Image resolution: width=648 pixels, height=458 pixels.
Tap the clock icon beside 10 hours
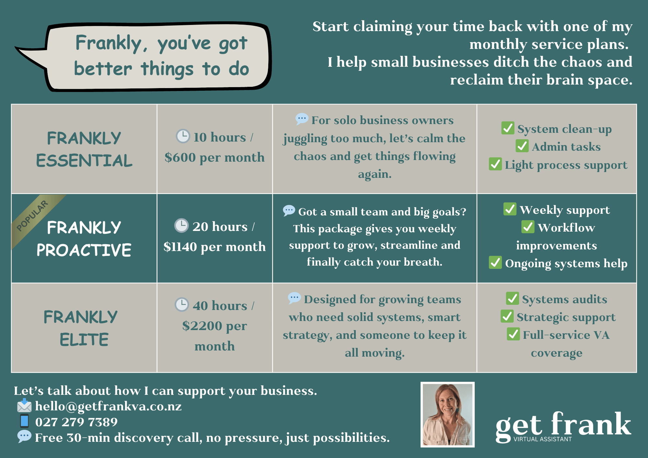tap(183, 136)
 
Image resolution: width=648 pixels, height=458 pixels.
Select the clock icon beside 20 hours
tap(181, 225)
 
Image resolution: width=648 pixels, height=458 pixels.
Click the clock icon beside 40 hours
tap(182, 304)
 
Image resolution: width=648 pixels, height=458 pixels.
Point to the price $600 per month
tap(214, 158)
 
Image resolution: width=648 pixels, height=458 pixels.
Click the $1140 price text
tap(180, 247)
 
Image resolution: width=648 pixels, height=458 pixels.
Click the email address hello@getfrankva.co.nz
tap(108, 406)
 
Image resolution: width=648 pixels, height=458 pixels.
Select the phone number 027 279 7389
tap(76, 422)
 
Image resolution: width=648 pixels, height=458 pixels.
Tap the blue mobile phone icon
tap(24, 421)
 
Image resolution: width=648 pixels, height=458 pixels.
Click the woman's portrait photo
tap(447, 415)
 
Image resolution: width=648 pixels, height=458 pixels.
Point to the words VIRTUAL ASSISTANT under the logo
tap(543, 439)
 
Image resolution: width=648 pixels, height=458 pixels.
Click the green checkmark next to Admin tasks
tap(522, 146)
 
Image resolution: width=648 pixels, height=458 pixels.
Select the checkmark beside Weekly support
tap(510, 209)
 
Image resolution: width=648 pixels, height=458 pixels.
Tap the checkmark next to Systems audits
tap(512, 298)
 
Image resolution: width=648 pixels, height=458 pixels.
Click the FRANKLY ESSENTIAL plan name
tap(84, 149)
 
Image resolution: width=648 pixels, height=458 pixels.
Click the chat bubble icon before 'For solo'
tap(302, 119)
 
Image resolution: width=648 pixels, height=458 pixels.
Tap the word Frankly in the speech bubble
tap(109, 43)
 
